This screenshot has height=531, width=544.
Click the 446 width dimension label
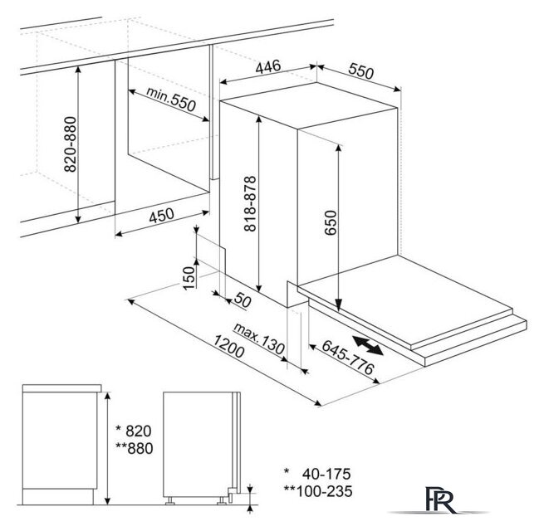[267, 66]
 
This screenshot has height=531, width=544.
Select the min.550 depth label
[171, 99]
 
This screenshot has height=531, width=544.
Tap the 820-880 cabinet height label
[71, 144]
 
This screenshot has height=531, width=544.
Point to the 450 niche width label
[161, 215]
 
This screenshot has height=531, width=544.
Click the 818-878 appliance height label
[250, 203]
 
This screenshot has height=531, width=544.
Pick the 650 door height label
[331, 222]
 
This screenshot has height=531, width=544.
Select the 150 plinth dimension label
[189, 278]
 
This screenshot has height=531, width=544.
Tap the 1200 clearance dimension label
[228, 346]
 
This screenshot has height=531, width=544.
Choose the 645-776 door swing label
[348, 357]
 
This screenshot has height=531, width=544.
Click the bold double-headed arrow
[367, 345]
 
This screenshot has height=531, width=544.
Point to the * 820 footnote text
[134, 431]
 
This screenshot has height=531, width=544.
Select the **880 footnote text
[135, 448]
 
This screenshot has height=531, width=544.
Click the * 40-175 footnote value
[317, 474]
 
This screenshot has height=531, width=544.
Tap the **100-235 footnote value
[318, 491]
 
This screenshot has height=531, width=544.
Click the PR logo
[439, 500]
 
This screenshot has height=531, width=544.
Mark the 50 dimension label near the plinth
[243, 300]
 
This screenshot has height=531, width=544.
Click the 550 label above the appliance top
[361, 71]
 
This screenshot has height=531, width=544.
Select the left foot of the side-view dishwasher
[170, 501]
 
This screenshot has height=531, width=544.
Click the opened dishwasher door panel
[405, 301]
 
